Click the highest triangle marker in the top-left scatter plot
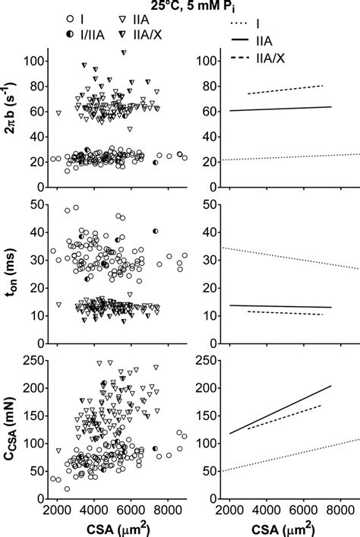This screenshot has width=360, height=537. (124, 52)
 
